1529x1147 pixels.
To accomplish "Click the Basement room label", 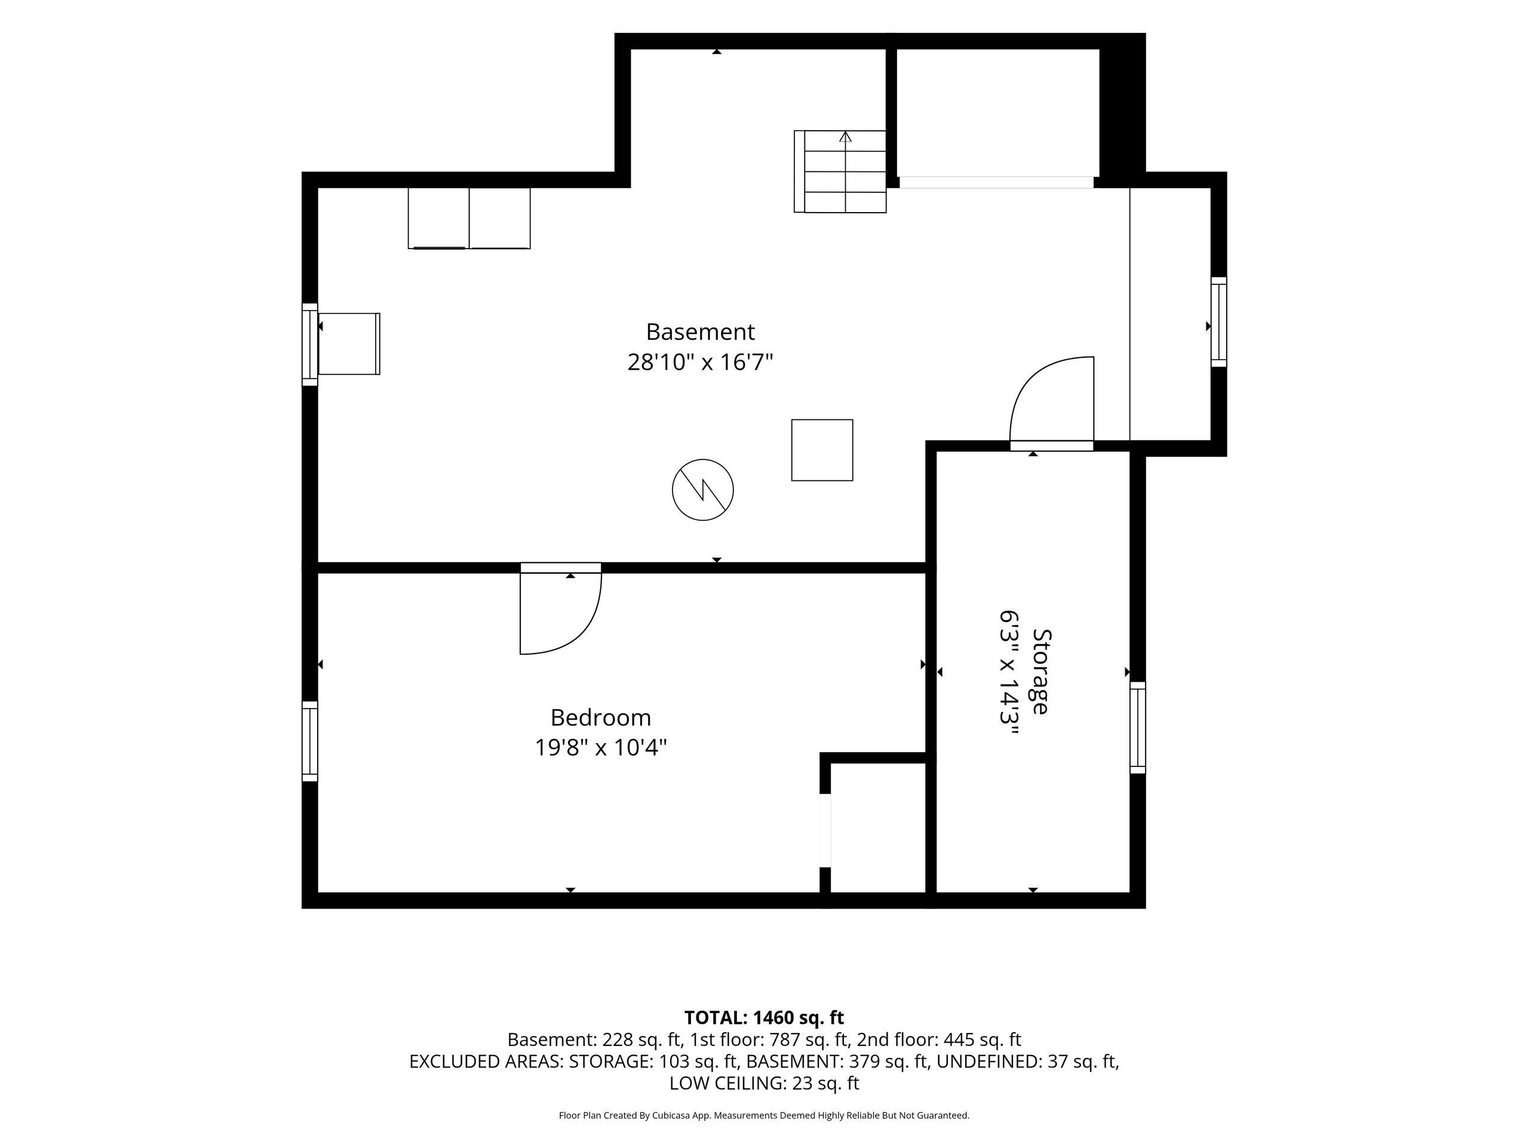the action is (x=700, y=332).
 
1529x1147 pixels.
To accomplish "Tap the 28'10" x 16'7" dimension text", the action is (x=700, y=361).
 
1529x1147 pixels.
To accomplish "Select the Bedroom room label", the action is (x=601, y=717).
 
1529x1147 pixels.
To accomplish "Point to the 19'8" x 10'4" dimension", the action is (x=601, y=747).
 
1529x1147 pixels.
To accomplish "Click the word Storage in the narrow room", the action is (x=1040, y=671).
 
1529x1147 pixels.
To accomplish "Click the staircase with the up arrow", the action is (x=840, y=171).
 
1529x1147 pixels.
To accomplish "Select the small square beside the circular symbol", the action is (x=822, y=450).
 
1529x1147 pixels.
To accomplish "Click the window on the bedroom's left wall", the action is (x=309, y=741).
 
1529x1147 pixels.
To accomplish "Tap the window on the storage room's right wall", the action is (x=1137, y=728).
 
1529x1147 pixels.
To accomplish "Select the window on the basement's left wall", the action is (x=309, y=344).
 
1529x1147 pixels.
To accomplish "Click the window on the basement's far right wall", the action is (x=1218, y=322).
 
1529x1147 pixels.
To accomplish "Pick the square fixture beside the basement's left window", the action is (x=349, y=344).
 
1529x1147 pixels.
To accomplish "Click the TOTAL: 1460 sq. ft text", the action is (x=764, y=1018).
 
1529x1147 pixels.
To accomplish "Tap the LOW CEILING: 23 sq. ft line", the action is (x=764, y=1084).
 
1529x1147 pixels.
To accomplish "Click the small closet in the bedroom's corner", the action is (x=877, y=827).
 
